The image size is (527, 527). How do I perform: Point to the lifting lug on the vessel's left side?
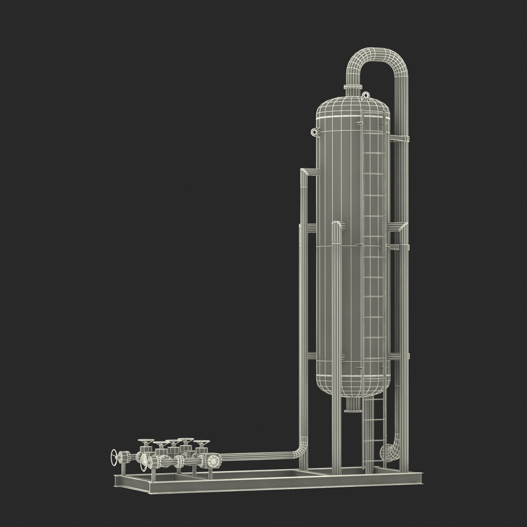point(315,131)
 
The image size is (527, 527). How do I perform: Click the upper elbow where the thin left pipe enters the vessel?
point(305,172)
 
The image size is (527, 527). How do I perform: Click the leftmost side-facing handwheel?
point(115,458)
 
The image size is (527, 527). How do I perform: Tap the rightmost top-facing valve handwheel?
point(202,443)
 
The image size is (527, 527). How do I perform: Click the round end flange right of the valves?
point(213,461)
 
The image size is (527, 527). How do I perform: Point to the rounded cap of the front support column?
point(337,225)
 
